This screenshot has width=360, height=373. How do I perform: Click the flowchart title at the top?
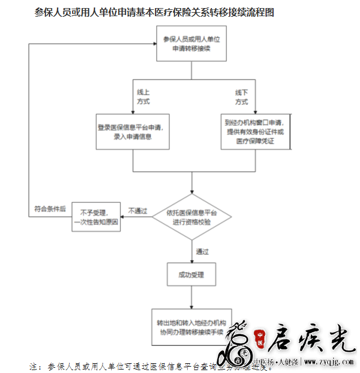click(x=154, y=12)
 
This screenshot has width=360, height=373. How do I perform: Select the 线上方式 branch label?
click(x=143, y=97)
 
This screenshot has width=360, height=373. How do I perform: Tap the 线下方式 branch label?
click(x=241, y=97)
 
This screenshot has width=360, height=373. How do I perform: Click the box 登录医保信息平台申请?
click(x=132, y=132)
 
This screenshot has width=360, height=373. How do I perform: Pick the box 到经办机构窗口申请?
click(x=255, y=132)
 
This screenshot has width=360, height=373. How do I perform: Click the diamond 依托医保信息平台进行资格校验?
click(x=192, y=217)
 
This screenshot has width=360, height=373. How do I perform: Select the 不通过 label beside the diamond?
click(x=138, y=210)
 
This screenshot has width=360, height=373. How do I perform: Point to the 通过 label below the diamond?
click(x=202, y=252)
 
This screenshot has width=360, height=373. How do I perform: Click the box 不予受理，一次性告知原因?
click(x=96, y=217)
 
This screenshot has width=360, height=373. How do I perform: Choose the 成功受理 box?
click(x=191, y=274)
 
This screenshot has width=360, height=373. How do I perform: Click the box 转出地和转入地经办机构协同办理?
click(x=191, y=327)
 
